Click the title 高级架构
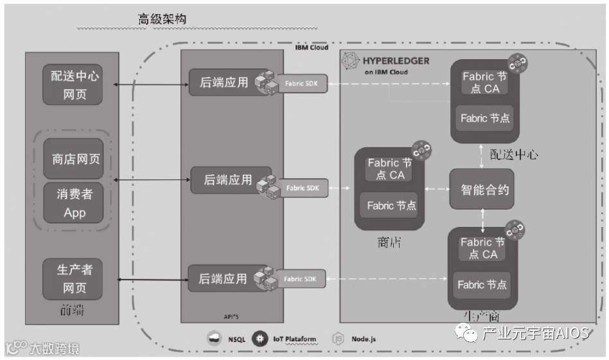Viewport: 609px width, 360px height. pyautogui.click(x=163, y=19)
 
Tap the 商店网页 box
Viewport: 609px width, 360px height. pyautogui.click(x=75, y=159)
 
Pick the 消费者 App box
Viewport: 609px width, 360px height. pyautogui.click(x=75, y=203)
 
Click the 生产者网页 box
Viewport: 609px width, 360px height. pyautogui.click(x=75, y=278)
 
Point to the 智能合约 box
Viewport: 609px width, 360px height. pyautogui.click(x=482, y=190)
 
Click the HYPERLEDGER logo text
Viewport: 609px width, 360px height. pyautogui.click(x=396, y=61)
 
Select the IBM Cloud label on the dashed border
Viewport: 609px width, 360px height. pyautogui.click(x=312, y=48)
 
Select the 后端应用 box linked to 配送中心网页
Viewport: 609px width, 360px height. pyautogui.click(x=223, y=83)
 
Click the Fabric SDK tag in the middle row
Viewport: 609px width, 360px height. pyautogui.click(x=303, y=188)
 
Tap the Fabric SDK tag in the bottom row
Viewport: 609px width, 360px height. pyautogui.click(x=302, y=279)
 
